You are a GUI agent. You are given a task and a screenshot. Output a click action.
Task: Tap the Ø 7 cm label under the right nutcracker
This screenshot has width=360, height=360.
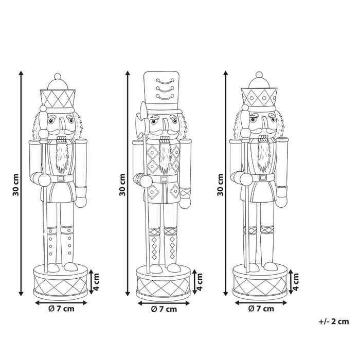click(x=261, y=309)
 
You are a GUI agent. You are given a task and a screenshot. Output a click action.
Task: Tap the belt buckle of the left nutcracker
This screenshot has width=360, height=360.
click(x=62, y=178)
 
